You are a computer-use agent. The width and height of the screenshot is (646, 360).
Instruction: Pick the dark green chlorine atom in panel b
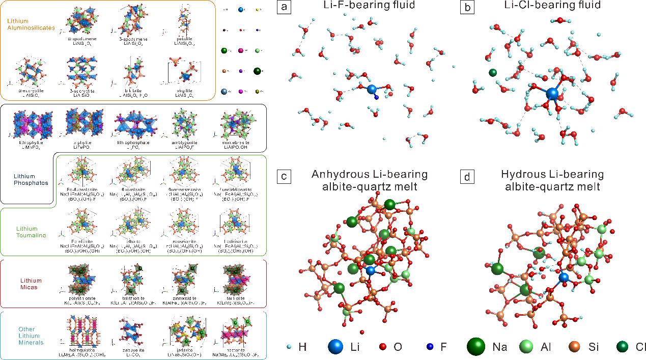[492, 73]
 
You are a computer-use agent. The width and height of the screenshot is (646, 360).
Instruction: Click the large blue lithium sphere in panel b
[552, 94]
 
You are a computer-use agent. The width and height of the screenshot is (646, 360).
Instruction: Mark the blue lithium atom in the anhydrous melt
[371, 271]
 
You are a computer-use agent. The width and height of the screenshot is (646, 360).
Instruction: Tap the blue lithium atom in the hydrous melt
[564, 278]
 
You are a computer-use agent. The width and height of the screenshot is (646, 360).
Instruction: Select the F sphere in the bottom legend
[429, 348]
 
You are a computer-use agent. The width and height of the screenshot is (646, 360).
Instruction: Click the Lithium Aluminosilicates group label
[31, 24]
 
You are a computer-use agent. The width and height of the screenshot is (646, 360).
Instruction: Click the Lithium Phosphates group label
[31, 179]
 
